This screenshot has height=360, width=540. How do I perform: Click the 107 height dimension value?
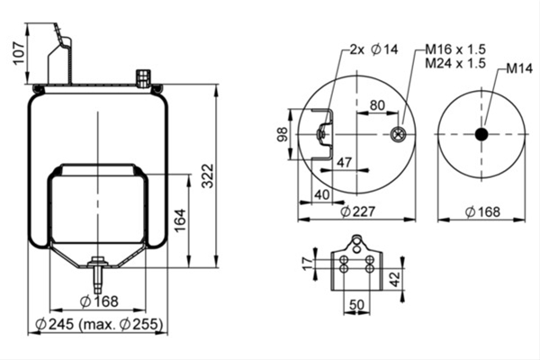point(19,53)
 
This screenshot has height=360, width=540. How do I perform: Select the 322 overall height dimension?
point(208,176)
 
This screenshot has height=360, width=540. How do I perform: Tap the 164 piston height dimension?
point(180,220)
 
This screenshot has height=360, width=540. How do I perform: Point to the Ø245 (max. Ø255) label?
point(99,324)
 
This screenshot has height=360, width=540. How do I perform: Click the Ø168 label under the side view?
point(99,301)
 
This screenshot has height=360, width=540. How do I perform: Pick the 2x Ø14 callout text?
point(373,49)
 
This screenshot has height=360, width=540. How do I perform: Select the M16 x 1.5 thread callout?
point(455,49)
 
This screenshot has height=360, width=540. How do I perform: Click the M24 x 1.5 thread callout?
point(455,63)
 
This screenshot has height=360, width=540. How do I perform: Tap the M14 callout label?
point(519,68)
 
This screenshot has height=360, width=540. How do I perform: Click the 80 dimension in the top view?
point(377,105)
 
